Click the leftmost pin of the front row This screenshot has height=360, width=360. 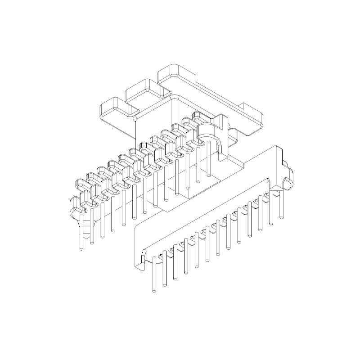coord(153,274)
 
